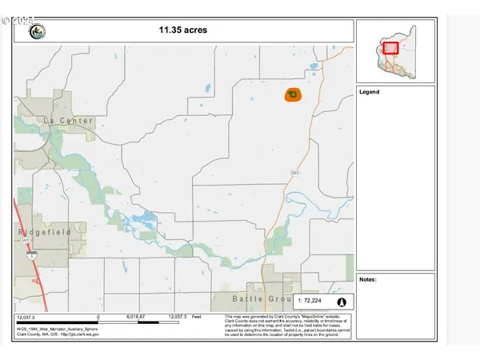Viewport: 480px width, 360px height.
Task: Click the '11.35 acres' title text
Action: pos(182,30)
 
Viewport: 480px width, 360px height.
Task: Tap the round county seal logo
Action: pos(36,31)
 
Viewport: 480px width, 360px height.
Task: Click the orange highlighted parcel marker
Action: pos(292,94)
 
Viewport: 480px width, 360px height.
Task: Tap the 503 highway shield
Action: pos(295,172)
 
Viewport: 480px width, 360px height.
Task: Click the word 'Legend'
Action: pos(370,92)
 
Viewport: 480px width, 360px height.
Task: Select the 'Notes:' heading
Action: pos(368,279)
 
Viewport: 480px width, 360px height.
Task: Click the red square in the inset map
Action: pos(391,48)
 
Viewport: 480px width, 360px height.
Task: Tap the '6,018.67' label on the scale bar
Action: pos(136,318)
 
